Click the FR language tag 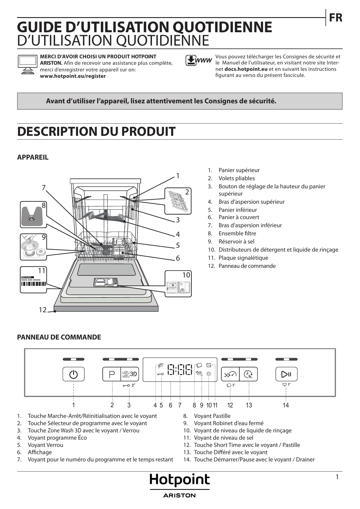pyautogui.click(x=336, y=18)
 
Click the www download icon pyautogui.click(x=199, y=61)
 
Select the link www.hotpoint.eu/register pyautogui.click(x=73, y=76)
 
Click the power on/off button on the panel pyautogui.click(x=73, y=374)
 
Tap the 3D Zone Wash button pyautogui.click(x=130, y=374)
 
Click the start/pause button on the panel pyautogui.click(x=286, y=374)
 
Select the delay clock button pyautogui.click(x=249, y=374)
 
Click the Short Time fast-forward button pyautogui.click(x=230, y=374)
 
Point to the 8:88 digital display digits pyautogui.click(x=180, y=370)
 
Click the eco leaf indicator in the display pyautogui.click(x=160, y=365)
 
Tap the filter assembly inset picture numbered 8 pyautogui.click(x=33, y=215)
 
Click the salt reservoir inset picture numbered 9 pyautogui.click(x=33, y=247)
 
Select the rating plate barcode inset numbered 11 pyautogui.click(x=33, y=280)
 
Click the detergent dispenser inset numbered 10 pyautogui.click(x=178, y=284)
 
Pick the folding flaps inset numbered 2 pyautogui.click(x=178, y=201)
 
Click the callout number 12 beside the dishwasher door pyautogui.click(x=43, y=310)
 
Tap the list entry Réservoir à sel pyautogui.click(x=236, y=241)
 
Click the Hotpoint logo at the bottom pyautogui.click(x=180, y=480)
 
